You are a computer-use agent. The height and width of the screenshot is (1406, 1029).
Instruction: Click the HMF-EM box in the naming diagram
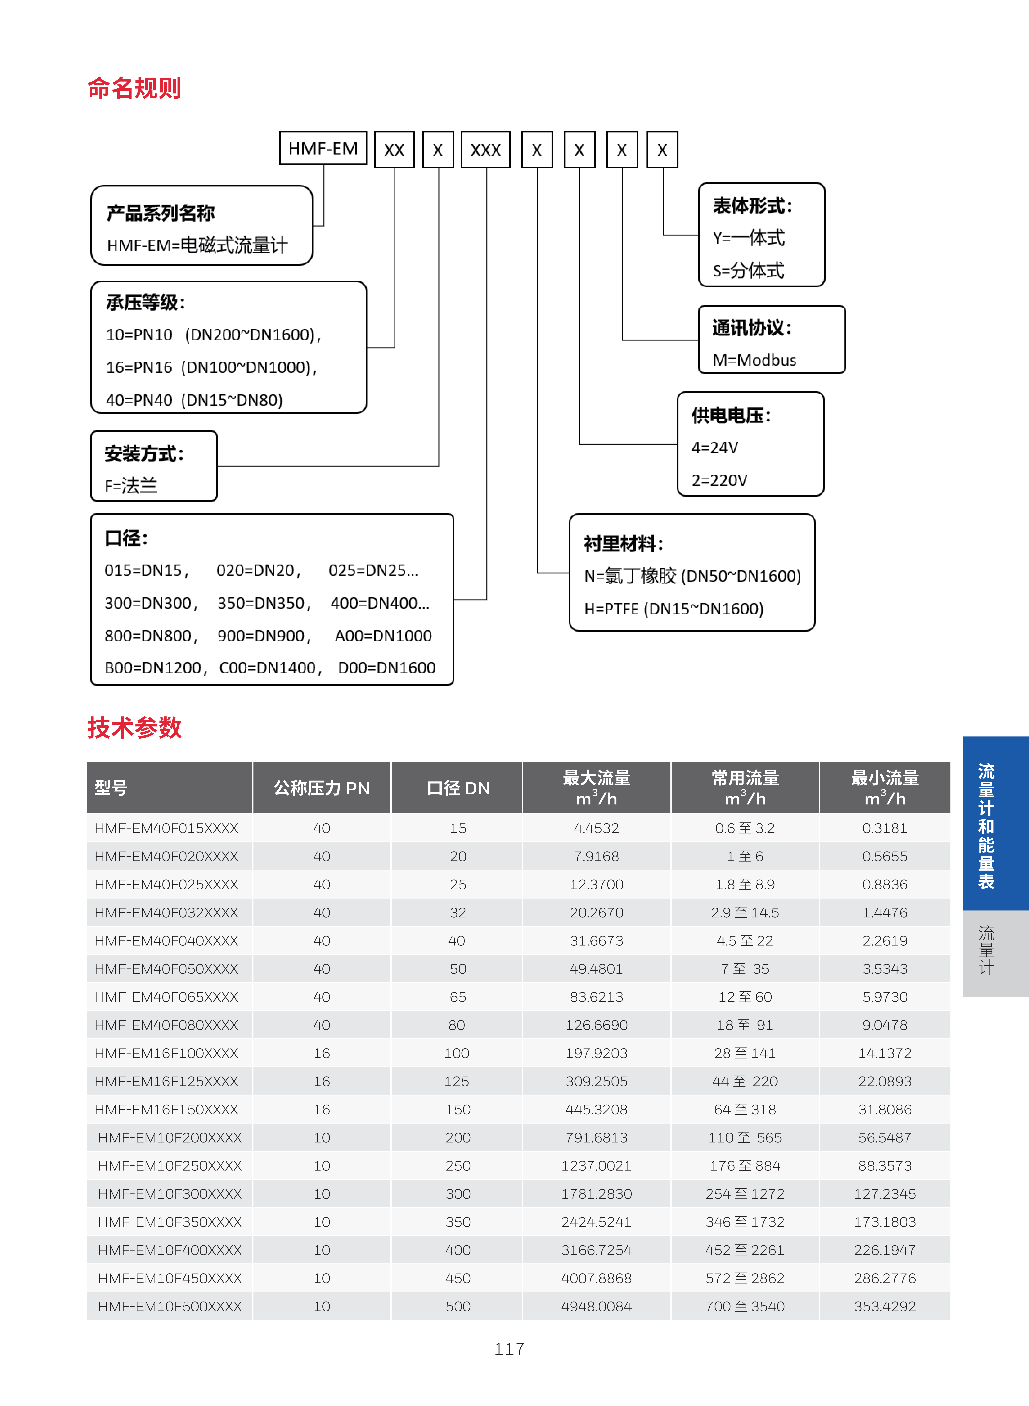point(323,148)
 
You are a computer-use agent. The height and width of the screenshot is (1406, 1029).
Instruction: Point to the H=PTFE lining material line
point(673,609)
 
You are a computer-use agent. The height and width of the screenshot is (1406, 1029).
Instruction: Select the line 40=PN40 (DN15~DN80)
point(194,400)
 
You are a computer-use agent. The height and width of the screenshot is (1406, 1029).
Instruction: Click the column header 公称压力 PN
point(321,788)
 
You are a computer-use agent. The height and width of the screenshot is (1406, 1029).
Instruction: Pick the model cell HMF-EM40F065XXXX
point(166,997)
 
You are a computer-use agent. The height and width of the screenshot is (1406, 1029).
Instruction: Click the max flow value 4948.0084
point(596,1306)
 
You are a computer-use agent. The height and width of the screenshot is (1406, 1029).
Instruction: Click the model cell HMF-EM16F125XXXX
point(166,1081)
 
